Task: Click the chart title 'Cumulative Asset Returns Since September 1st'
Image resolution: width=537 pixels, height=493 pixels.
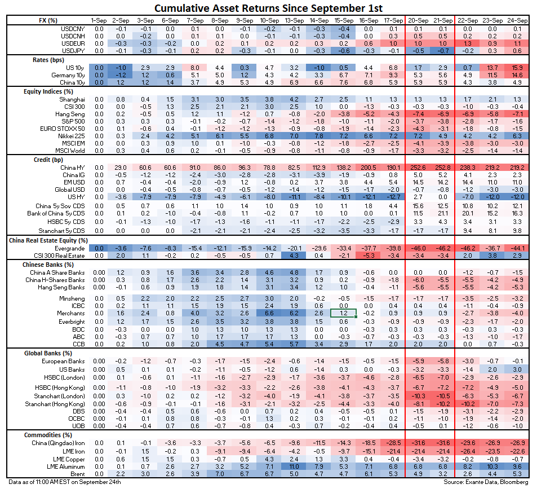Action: click(x=268, y=8)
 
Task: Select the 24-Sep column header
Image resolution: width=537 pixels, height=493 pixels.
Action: click(x=518, y=20)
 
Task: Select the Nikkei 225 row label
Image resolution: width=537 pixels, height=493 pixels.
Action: click(x=69, y=137)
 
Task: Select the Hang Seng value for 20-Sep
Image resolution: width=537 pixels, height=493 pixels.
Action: click(x=418, y=113)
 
